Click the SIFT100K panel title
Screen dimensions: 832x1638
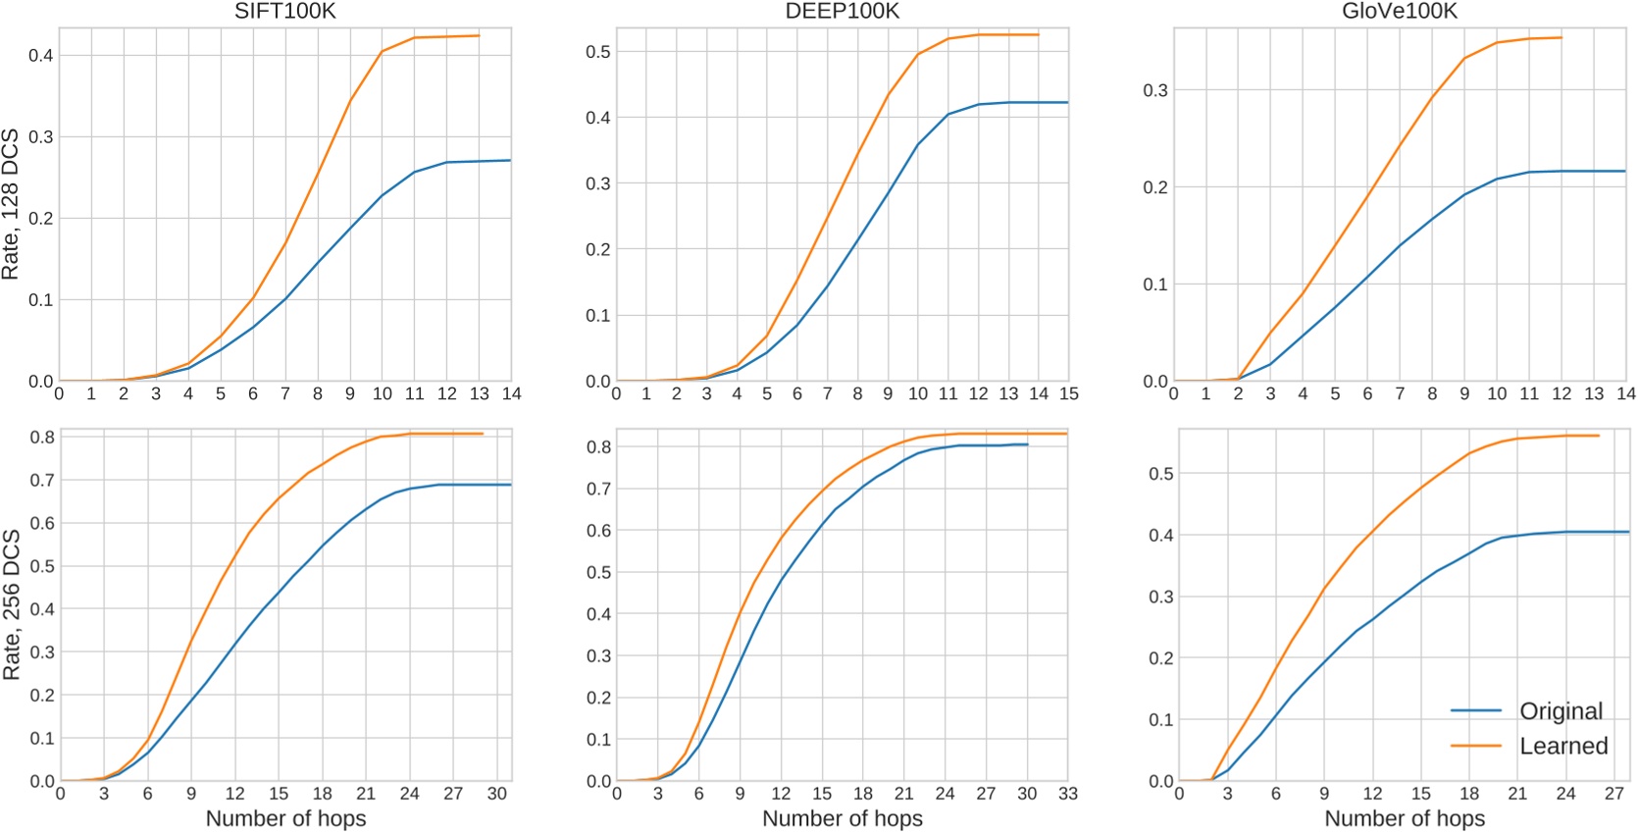coord(284,12)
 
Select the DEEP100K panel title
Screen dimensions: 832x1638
coord(842,12)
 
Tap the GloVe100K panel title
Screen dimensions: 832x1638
coord(1399,12)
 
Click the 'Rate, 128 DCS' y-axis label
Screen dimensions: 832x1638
coord(11,204)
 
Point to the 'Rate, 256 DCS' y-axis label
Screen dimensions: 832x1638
coord(11,604)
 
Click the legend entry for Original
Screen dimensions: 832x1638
coord(1561,710)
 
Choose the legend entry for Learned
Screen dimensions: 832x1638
coord(1563,746)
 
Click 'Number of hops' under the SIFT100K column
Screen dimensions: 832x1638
coord(285,818)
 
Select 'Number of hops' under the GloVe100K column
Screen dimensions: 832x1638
coord(1405,818)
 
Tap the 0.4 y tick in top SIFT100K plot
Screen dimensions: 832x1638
coord(40,55)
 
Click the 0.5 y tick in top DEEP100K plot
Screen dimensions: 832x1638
coord(597,51)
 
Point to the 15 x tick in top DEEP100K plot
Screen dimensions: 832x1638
coord(1068,393)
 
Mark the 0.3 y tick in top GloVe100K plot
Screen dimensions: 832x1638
coord(1156,90)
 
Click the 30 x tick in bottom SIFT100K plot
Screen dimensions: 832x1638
coord(497,794)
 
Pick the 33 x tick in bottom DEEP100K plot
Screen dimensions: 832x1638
coord(1067,794)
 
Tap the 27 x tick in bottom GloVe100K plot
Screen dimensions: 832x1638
coord(1613,794)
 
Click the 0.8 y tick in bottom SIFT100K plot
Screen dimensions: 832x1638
coord(41,437)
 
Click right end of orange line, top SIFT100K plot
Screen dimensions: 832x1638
coord(479,35)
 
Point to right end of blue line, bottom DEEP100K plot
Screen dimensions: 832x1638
coord(1027,444)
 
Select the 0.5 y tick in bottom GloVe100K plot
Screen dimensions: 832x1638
coord(1160,474)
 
